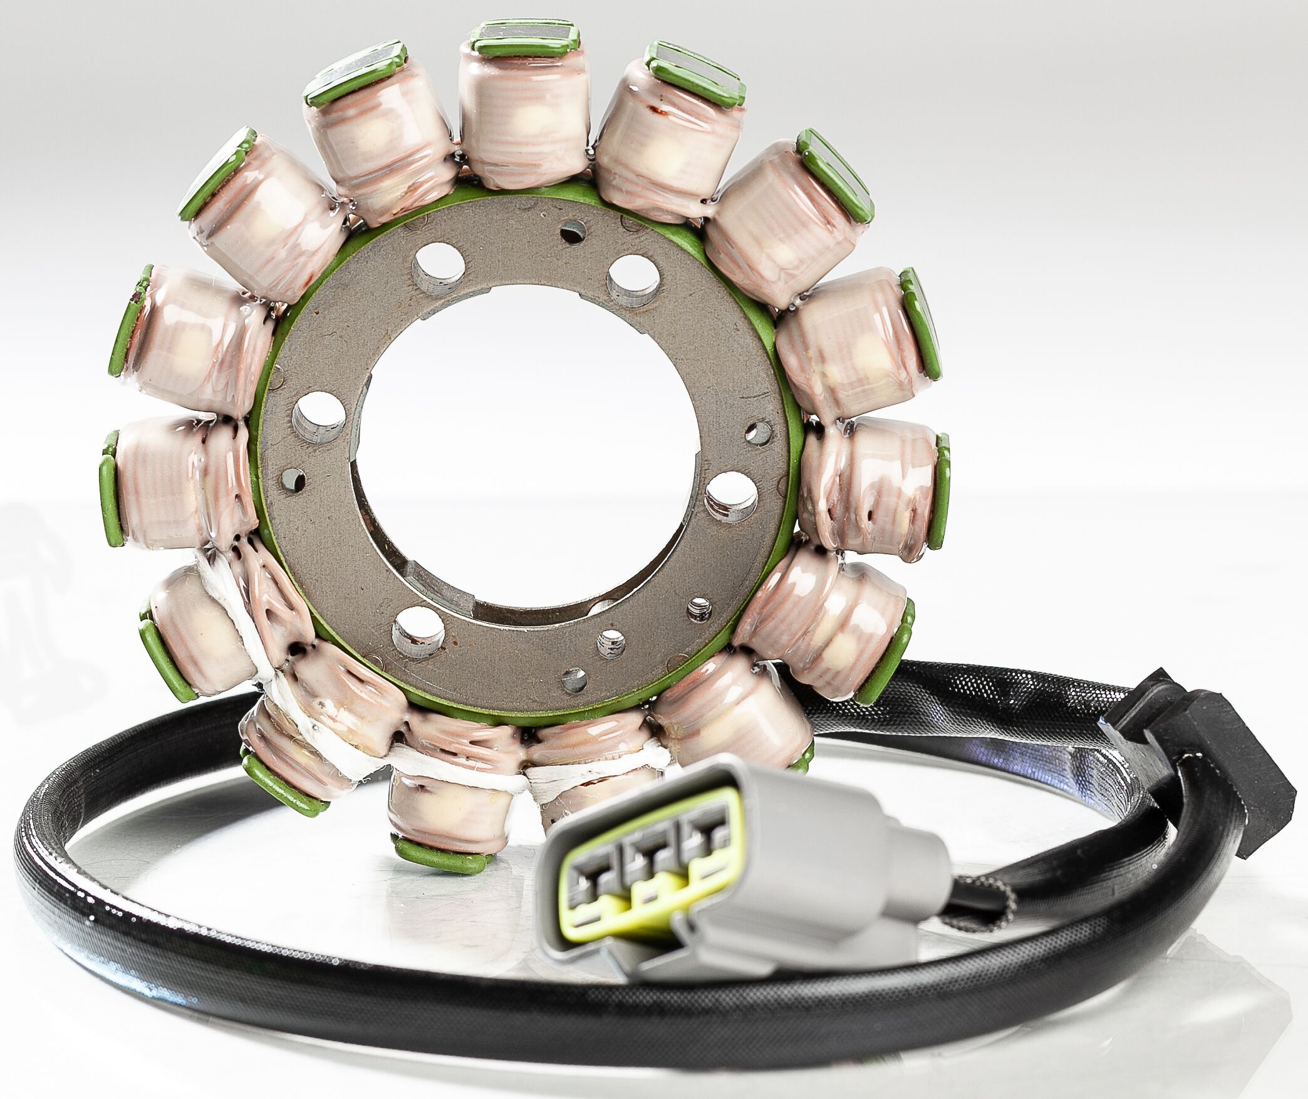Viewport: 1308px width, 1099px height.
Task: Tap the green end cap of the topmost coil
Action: [x=526, y=44]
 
